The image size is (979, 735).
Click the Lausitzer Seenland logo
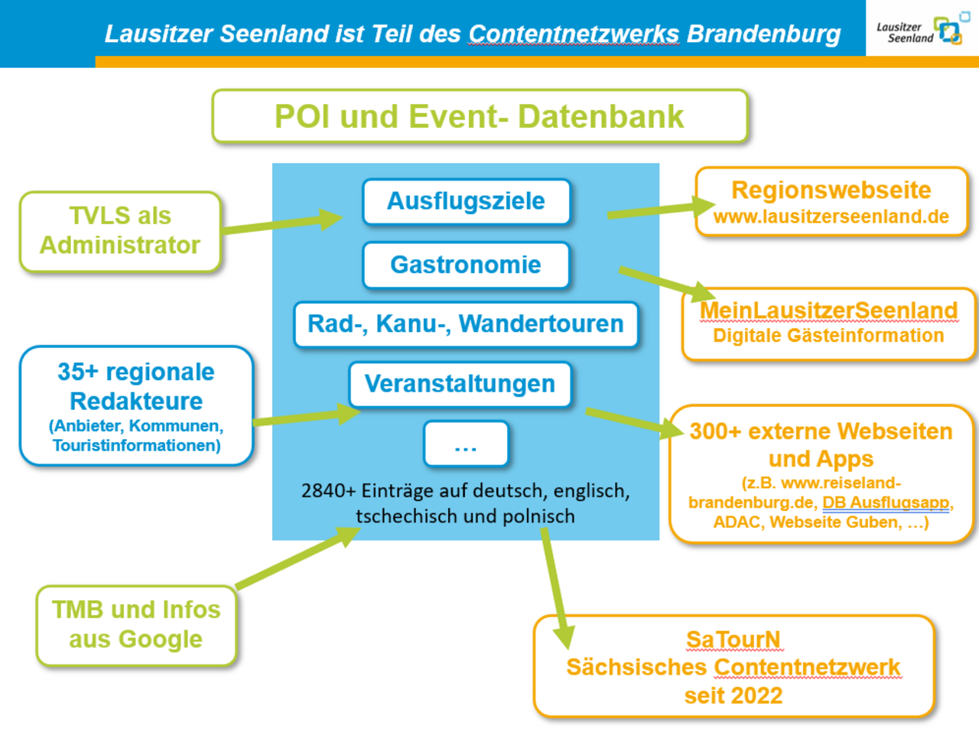[x=922, y=31]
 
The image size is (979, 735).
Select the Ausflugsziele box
[x=466, y=201]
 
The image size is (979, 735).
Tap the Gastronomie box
[x=466, y=265]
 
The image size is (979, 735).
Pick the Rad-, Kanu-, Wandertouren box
[x=465, y=324]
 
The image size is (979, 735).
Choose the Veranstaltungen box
[x=460, y=384]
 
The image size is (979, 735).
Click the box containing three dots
[x=465, y=444]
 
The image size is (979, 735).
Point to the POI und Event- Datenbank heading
[x=479, y=116]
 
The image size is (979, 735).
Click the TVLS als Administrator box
[x=120, y=231]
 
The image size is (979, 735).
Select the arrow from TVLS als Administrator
[x=283, y=222]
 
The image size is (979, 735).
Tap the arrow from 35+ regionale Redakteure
[x=306, y=417]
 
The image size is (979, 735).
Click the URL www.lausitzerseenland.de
[x=831, y=217]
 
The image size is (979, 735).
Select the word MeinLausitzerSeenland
[x=828, y=310]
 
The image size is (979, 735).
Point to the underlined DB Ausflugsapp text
[x=886, y=502]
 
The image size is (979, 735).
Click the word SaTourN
[x=733, y=639]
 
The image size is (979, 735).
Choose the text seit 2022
[x=733, y=695]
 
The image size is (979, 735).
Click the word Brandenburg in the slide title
[x=763, y=34]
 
